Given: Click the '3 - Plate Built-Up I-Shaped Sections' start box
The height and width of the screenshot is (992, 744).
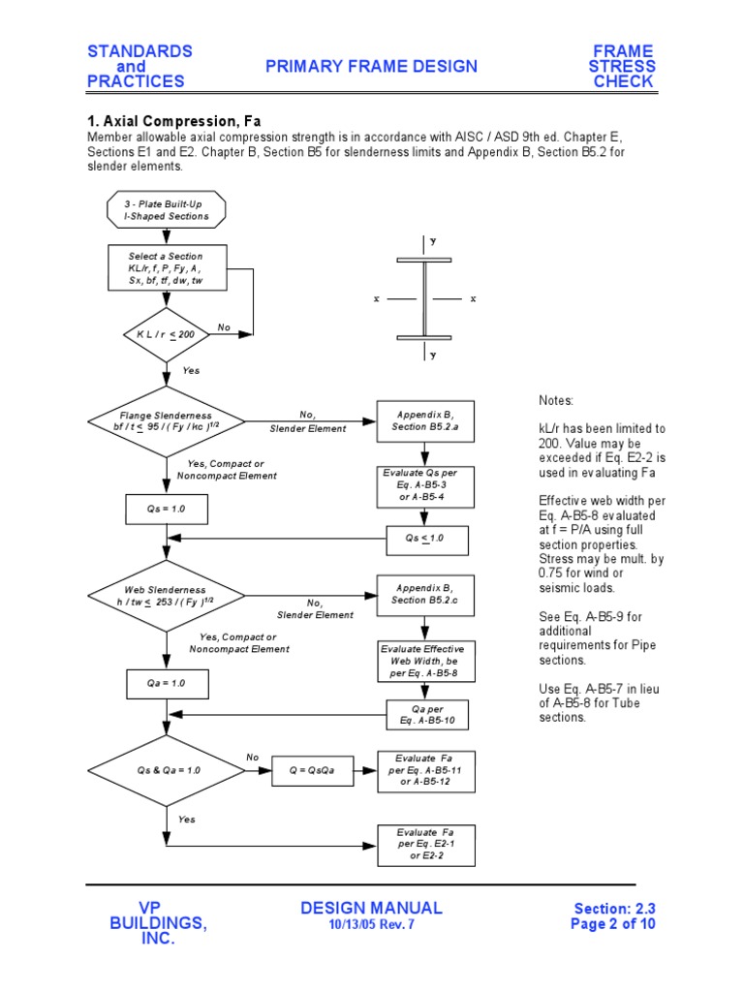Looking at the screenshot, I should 167,210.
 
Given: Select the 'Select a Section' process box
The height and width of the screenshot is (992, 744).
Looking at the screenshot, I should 167,268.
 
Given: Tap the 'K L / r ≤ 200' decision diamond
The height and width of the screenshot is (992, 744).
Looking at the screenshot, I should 167,334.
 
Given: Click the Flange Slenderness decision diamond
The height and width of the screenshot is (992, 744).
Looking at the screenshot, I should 167,421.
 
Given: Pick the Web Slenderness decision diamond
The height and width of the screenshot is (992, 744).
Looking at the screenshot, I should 167,596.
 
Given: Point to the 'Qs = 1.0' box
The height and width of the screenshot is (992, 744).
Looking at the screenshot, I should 167,509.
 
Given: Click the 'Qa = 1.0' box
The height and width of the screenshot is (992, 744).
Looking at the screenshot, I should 167,683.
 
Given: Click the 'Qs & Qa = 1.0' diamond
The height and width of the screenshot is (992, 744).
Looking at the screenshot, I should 167,770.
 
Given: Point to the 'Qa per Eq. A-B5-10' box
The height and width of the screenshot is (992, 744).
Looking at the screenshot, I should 427,716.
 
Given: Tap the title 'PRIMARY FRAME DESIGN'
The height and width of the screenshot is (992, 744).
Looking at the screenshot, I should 373,66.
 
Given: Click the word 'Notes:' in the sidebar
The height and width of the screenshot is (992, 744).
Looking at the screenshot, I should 557,400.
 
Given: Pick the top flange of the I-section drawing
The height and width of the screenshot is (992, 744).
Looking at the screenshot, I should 423,261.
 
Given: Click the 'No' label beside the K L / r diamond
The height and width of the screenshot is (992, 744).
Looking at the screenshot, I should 224,327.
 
